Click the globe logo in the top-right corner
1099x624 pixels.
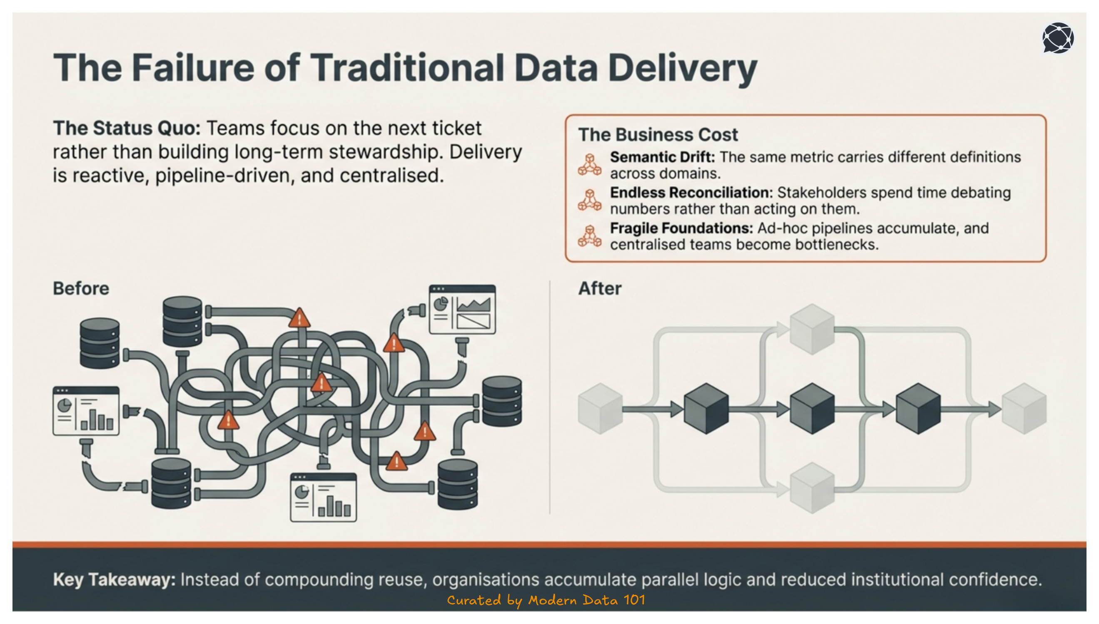1058,38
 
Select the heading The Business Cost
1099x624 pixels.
658,134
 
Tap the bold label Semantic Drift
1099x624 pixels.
662,157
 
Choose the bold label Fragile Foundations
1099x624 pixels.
681,228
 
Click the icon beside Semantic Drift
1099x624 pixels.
589,165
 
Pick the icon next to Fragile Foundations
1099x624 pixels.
589,236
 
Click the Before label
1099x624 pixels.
81,288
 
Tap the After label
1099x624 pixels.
599,288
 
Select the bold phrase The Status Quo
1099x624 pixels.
127,128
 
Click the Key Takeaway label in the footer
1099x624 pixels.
114,579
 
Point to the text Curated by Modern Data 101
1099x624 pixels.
546,600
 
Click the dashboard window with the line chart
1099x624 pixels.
462,310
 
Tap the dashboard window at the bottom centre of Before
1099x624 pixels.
324,498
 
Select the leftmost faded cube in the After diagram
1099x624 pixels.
600,409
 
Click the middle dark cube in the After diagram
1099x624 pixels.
812,409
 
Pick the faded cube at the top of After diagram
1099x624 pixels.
812,329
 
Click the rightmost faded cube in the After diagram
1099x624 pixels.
1024,409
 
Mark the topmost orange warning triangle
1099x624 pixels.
299,318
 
